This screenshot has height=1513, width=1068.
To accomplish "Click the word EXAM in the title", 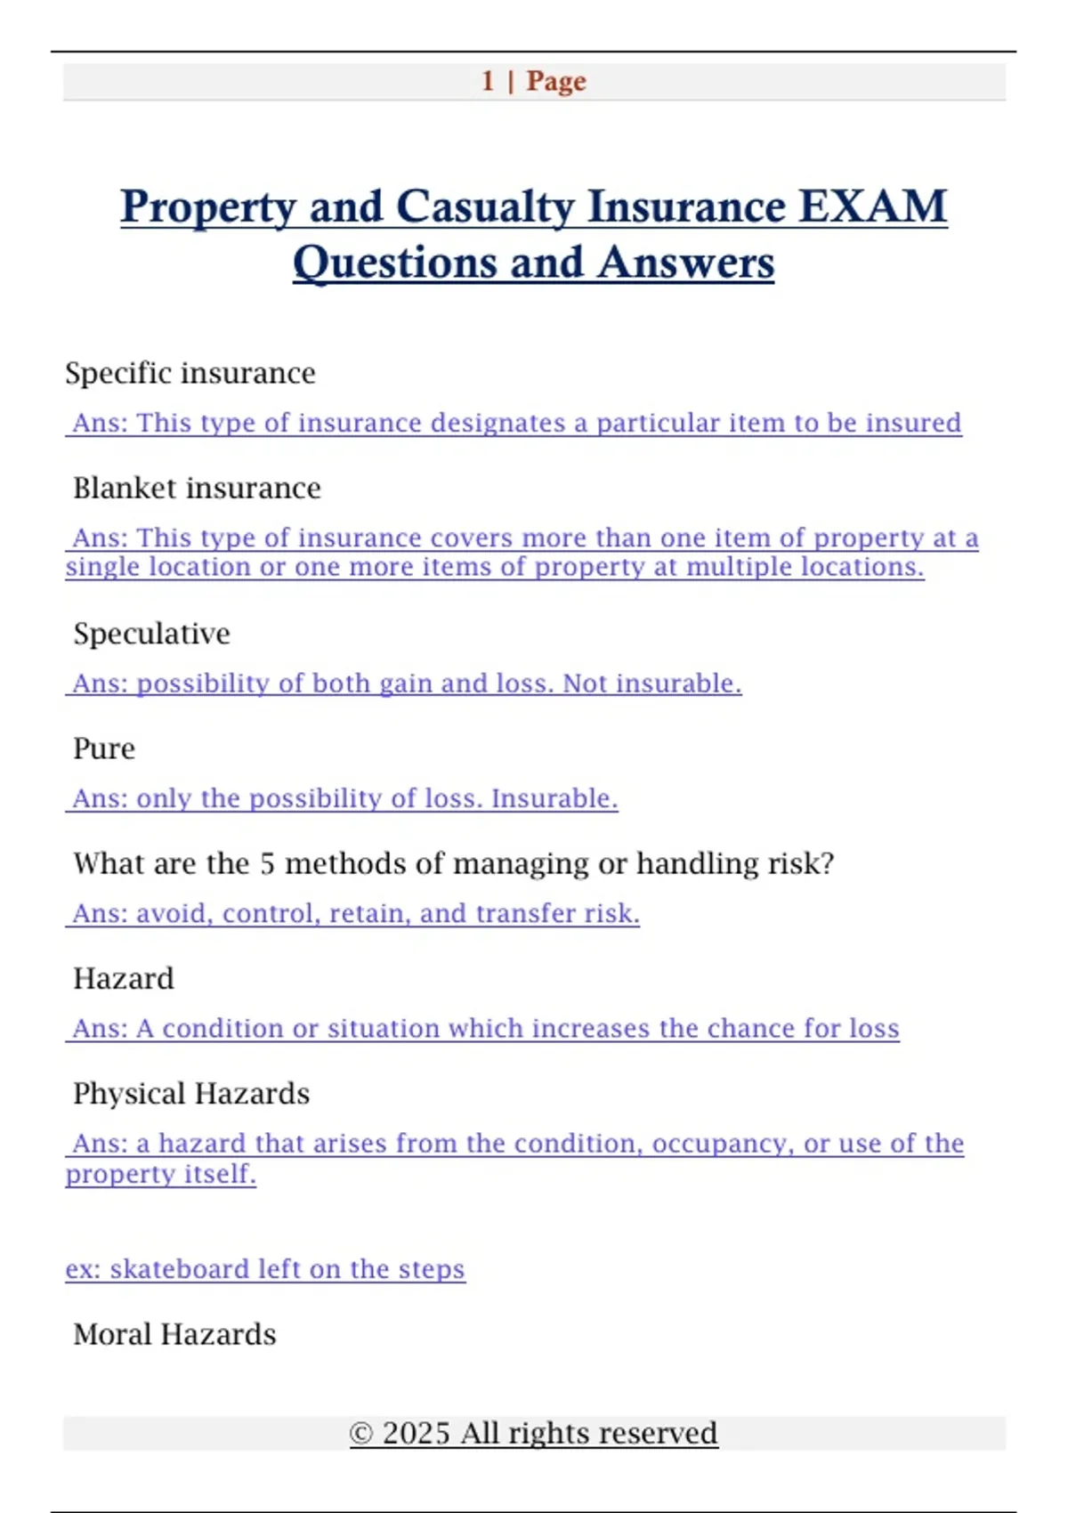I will [872, 206].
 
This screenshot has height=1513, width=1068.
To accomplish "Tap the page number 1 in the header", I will [488, 81].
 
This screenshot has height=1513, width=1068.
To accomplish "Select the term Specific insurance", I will [190, 373].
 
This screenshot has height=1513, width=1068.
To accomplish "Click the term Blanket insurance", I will [197, 488].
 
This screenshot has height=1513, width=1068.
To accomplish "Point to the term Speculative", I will [151, 634].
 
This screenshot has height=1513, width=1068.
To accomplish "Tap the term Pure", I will [104, 748].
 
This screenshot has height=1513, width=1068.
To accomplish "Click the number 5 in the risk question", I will [267, 863].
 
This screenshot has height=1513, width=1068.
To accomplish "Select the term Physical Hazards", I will [191, 1094].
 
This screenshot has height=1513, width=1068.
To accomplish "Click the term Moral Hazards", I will [174, 1335].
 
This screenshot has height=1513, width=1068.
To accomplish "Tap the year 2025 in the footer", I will [416, 1434].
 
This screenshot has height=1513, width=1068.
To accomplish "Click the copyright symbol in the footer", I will [360, 1434].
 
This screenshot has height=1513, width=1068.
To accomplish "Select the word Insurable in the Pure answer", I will [554, 798].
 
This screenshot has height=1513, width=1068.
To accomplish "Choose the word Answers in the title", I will [685, 263].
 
